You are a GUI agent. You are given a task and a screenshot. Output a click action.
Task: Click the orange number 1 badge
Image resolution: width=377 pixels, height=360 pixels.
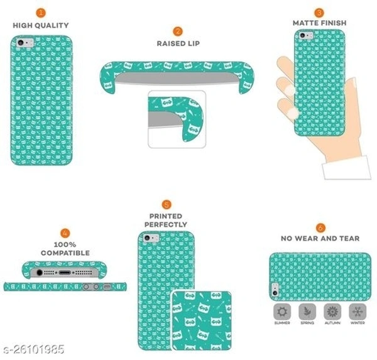pos(41,13)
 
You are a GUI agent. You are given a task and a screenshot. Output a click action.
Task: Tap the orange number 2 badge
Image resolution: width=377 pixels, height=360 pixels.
pos(178,31)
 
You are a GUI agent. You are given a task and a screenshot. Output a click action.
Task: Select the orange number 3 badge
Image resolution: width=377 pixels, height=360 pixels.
pos(319,13)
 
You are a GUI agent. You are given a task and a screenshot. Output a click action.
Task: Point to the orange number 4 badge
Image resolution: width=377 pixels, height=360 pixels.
pos(65,233)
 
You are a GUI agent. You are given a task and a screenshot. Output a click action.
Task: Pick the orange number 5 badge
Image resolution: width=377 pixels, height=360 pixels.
pos(167,205)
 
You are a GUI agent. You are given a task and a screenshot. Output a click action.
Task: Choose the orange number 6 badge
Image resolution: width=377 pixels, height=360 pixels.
pos(320,227)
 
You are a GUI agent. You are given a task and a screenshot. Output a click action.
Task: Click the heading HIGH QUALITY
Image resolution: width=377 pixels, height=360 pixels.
pos(41,25)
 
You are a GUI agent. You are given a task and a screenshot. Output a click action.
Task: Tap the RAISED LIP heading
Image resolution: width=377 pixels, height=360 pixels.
pos(178,43)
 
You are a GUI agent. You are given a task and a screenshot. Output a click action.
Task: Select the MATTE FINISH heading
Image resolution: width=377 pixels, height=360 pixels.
pos(320,23)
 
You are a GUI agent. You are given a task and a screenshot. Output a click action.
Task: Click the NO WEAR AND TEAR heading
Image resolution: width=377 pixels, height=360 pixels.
pos(320,238)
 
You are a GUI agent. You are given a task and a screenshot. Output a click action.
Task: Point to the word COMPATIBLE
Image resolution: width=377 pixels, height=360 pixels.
pos(65,253)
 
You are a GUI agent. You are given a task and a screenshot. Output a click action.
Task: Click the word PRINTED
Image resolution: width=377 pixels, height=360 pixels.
pos(166,216)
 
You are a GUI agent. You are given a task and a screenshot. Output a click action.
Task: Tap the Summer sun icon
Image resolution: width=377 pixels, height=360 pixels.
pos(282,312)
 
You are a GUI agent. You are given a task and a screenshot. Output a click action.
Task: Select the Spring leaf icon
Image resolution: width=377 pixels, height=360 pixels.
pos(307,312)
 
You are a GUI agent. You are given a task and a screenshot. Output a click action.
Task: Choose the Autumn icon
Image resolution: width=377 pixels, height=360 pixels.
pos(332,312)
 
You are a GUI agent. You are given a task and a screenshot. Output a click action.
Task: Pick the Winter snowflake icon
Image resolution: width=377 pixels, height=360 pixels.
pos(358,312)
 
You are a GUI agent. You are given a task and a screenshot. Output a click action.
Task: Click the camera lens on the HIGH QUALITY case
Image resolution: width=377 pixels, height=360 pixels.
pos(21,43)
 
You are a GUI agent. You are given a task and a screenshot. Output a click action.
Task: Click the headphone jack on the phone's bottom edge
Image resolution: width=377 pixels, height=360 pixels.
pos(40,273)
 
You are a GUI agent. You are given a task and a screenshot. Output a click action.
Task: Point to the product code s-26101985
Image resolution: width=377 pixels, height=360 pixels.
pos(34,349)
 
